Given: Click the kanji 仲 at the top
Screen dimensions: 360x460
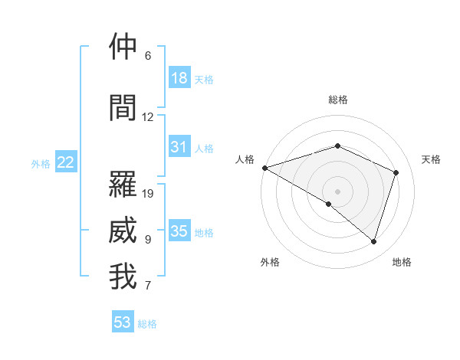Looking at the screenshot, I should click(x=123, y=47).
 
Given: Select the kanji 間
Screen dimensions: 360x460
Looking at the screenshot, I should click(x=123, y=107).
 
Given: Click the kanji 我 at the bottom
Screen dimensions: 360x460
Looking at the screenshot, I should click(x=123, y=277).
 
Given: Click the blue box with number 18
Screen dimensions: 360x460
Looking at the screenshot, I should click(x=179, y=78).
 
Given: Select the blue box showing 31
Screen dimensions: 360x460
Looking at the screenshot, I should click(x=179, y=147).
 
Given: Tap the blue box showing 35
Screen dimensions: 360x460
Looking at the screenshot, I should click(x=179, y=231).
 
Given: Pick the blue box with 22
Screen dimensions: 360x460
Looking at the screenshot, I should click(x=66, y=162).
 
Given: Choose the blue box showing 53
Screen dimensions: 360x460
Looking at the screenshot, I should click(x=123, y=322).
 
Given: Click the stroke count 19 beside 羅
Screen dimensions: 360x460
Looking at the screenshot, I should click(x=149, y=194).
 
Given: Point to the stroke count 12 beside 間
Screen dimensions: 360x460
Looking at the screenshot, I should click(x=148, y=117).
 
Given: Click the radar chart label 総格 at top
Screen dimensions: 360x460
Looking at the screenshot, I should click(x=338, y=100).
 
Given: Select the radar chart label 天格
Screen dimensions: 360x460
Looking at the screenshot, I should click(x=431, y=159).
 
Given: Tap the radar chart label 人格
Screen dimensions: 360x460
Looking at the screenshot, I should click(x=245, y=159).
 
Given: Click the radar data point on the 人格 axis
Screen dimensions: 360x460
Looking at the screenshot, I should click(x=264, y=168).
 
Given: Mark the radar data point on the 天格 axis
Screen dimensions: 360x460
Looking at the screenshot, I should click(x=396, y=172).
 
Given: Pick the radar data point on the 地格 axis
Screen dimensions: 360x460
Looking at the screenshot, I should click(x=373, y=241).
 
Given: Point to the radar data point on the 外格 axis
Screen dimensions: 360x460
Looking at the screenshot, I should click(x=329, y=204).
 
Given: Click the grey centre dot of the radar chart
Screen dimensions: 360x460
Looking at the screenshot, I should click(x=337, y=191).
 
